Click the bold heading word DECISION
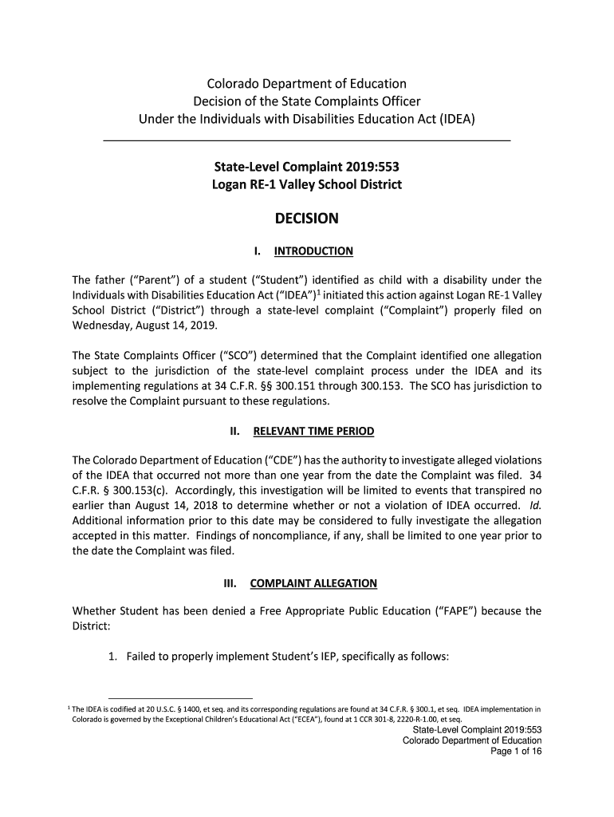(x=307, y=219)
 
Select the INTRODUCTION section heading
(x=313, y=252)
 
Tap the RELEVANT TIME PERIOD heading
(x=313, y=432)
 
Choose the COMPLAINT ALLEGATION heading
(x=313, y=583)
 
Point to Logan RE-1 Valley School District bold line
(x=307, y=185)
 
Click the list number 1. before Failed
(x=113, y=657)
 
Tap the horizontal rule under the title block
(x=307, y=141)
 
